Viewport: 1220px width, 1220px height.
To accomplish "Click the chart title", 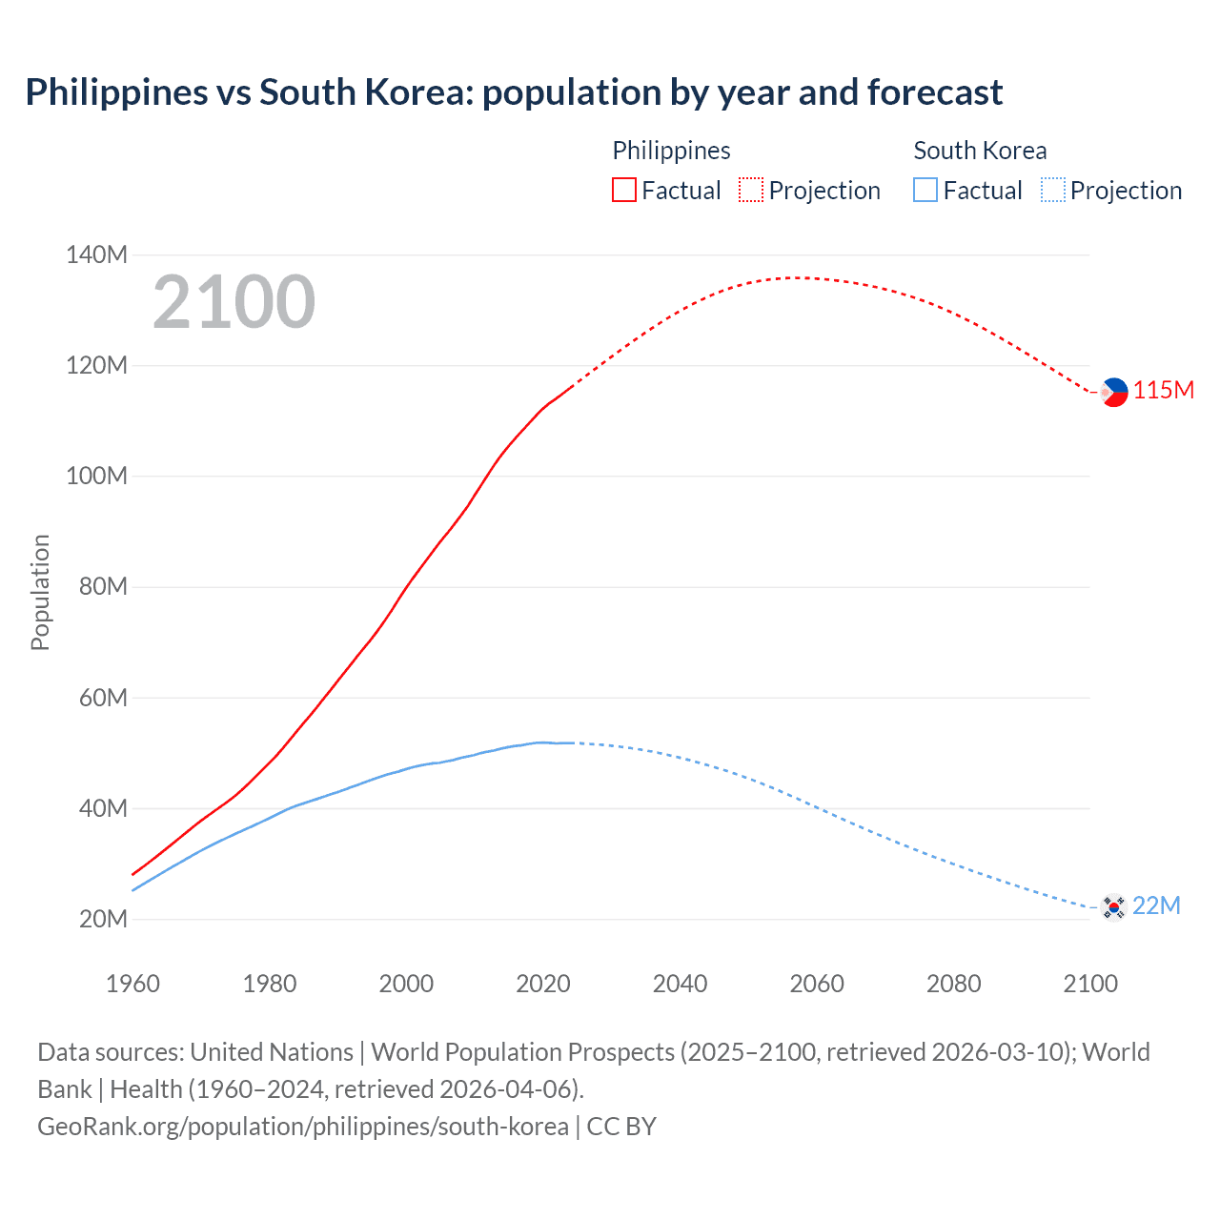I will tap(514, 92).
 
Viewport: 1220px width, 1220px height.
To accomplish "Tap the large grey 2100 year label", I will tap(234, 302).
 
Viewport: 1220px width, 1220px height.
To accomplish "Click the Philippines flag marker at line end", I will tap(1113, 392).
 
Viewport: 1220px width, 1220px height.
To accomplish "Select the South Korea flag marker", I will tap(1113, 906).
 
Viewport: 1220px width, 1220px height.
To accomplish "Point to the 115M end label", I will tap(1163, 391).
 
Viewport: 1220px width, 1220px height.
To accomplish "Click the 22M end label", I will tap(1156, 905).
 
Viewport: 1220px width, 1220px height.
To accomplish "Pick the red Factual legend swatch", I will tap(624, 191).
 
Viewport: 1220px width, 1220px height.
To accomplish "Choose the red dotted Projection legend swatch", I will tap(751, 191).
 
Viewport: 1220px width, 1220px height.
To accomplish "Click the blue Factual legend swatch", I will tap(925, 191).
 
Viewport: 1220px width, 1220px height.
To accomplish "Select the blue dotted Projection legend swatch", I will tap(1052, 191).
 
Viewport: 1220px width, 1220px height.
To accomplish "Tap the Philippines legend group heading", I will tap(671, 151).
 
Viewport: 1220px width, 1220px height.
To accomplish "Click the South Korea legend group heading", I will tap(980, 151).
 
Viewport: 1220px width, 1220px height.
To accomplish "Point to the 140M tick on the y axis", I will tap(96, 254).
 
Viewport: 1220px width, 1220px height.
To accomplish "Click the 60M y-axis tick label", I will tap(102, 698).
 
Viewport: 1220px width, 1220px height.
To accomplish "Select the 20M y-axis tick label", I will tap(102, 919).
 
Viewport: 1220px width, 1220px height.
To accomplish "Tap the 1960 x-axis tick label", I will tap(132, 984).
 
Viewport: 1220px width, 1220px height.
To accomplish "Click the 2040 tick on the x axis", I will tap(680, 984).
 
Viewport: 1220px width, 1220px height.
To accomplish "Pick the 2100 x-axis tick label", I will tap(1089, 984).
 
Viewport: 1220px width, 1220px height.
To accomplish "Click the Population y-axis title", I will tap(40, 592).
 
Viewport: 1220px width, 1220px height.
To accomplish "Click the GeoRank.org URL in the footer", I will tap(303, 1127).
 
